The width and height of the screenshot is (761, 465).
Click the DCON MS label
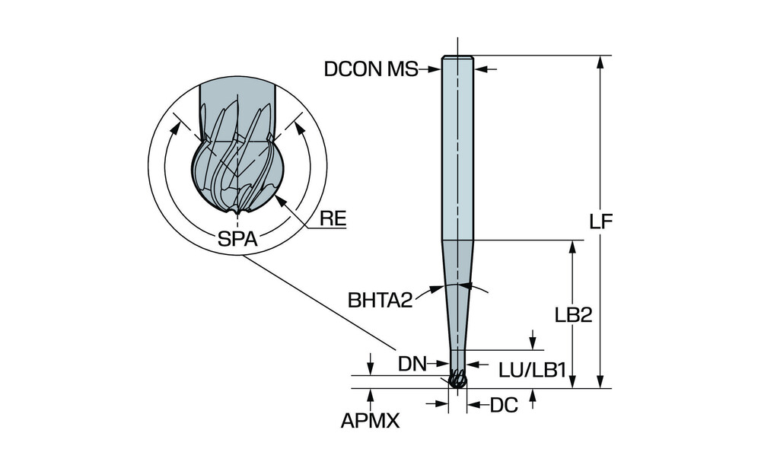[371, 69]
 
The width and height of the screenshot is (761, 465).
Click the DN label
[412, 364]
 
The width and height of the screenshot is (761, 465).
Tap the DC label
[504, 406]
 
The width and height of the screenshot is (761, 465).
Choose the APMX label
[371, 421]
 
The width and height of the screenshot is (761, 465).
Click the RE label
[333, 219]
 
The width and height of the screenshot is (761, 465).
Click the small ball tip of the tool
[457, 380]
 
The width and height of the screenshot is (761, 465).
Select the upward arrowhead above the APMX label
[371, 393]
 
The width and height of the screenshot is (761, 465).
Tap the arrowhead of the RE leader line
[279, 199]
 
